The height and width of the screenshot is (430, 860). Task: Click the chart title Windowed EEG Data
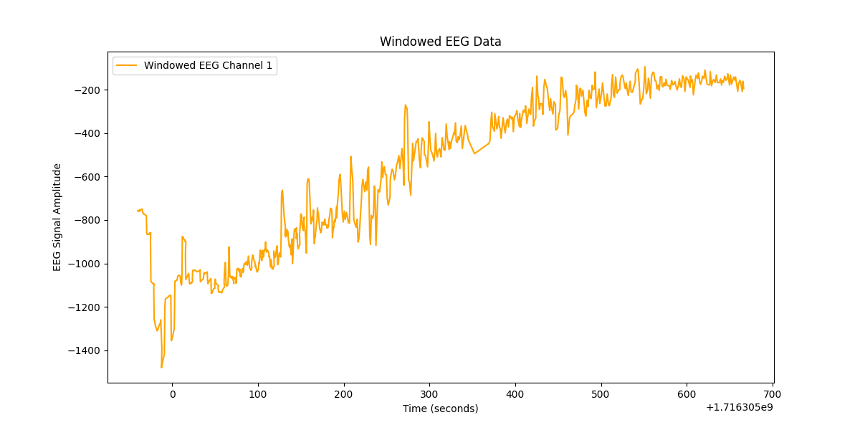click(x=440, y=42)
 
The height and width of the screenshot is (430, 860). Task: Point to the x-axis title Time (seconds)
click(x=440, y=408)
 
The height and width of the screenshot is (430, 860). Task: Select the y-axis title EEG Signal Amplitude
click(x=57, y=217)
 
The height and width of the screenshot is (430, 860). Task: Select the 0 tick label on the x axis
click(x=172, y=394)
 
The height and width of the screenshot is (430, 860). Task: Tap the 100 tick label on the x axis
click(x=258, y=394)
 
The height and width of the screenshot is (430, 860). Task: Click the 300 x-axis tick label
click(x=429, y=394)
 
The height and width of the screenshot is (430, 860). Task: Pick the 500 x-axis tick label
click(x=601, y=394)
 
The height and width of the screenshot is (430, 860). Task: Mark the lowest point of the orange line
click(x=161, y=368)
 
